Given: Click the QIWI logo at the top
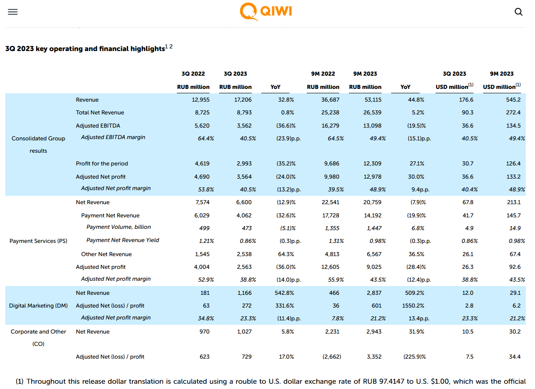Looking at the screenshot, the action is click(x=266, y=11).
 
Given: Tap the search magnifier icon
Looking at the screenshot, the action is click(x=519, y=12).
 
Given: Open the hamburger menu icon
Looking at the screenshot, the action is click(x=13, y=12).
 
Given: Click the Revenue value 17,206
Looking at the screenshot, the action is click(x=243, y=99).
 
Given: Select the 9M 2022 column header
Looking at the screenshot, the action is click(x=323, y=73).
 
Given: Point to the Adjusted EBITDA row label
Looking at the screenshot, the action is click(x=98, y=126).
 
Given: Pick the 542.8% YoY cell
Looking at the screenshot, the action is click(x=284, y=293).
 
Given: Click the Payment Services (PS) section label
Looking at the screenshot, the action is click(x=38, y=241).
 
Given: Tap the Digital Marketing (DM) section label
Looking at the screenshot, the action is click(x=38, y=305).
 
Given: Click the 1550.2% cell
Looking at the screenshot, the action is click(x=413, y=305).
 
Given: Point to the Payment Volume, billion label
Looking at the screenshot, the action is click(x=118, y=227).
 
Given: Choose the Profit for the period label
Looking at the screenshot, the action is click(x=102, y=164).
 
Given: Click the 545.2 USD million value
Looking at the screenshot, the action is click(x=513, y=99).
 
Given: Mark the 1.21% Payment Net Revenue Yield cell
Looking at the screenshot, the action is click(x=206, y=241).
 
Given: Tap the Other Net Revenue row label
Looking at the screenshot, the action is click(x=106, y=254).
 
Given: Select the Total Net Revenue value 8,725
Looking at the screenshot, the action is click(x=202, y=113).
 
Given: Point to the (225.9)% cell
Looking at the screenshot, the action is click(x=414, y=357).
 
